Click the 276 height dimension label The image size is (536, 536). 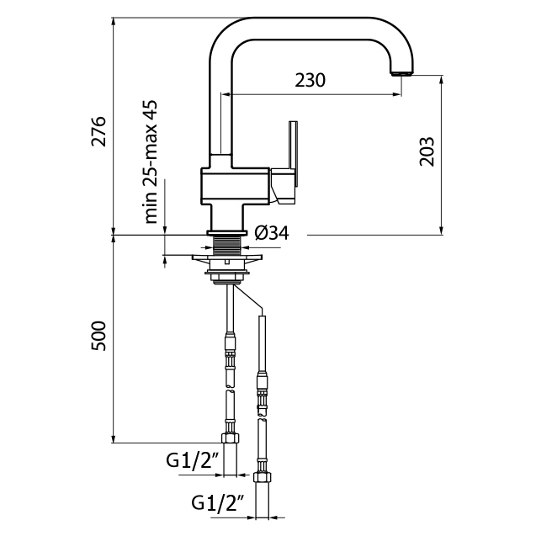click(x=99, y=132)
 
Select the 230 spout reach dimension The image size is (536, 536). click(x=310, y=81)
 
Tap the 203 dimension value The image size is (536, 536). click(x=427, y=151)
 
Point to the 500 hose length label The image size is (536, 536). click(x=99, y=336)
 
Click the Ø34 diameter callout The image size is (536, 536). click(x=271, y=234)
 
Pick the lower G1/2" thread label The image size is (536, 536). click(x=217, y=503)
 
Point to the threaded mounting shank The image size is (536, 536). click(x=227, y=246)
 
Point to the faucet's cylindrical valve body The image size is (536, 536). click(x=235, y=185)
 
